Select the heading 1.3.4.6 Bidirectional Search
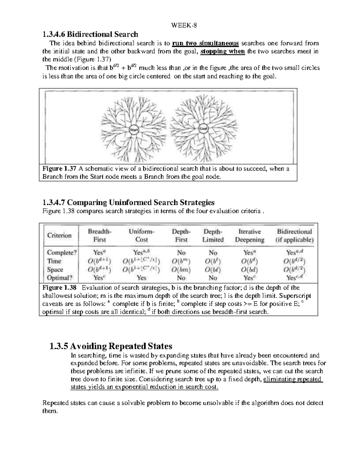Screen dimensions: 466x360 pos(90,34)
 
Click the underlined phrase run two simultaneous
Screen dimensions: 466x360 pos(205,43)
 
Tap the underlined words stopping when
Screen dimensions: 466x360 pos(223,51)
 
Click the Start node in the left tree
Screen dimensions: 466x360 pos(133,130)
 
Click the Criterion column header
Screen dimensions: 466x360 pos(59,236)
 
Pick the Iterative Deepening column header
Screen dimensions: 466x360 pos(249,236)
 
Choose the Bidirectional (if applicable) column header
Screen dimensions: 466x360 pos(294,236)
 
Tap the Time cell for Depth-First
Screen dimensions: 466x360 pos(181,261)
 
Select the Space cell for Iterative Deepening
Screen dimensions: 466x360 pos(249,270)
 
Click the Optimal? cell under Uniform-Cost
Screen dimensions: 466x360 pos(141,278)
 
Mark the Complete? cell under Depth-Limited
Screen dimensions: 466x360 pos(213,253)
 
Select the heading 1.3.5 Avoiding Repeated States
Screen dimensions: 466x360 pos(111,346)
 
